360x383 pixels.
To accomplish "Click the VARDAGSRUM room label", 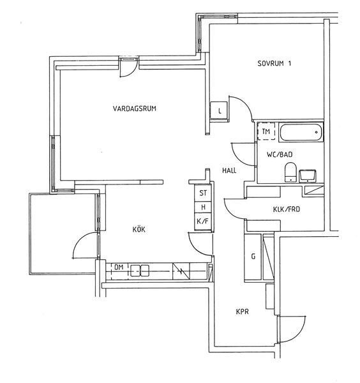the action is (134, 109).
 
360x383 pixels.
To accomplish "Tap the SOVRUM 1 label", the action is (274, 63).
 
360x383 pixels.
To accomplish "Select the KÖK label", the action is (139, 229).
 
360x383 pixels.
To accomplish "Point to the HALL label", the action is (229, 170).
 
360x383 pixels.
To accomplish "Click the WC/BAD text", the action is (280, 154).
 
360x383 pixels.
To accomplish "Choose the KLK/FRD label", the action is (286, 209).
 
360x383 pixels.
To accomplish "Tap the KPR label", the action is (243, 312).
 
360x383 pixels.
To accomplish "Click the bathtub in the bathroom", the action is (301, 132).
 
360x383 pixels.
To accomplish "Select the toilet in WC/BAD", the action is (290, 172).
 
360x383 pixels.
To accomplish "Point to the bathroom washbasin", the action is (308, 176).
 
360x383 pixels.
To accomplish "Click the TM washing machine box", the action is (266, 131).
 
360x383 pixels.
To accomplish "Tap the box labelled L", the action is (219, 111).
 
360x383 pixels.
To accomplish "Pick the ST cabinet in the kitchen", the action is (203, 193).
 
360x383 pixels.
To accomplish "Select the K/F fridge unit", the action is (203, 222).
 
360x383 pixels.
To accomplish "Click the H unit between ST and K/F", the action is (203, 207).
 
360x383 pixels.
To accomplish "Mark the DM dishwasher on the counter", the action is (119, 271).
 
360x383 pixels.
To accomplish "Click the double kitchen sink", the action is (139, 271).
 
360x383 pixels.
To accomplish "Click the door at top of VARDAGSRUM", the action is (128, 68).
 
